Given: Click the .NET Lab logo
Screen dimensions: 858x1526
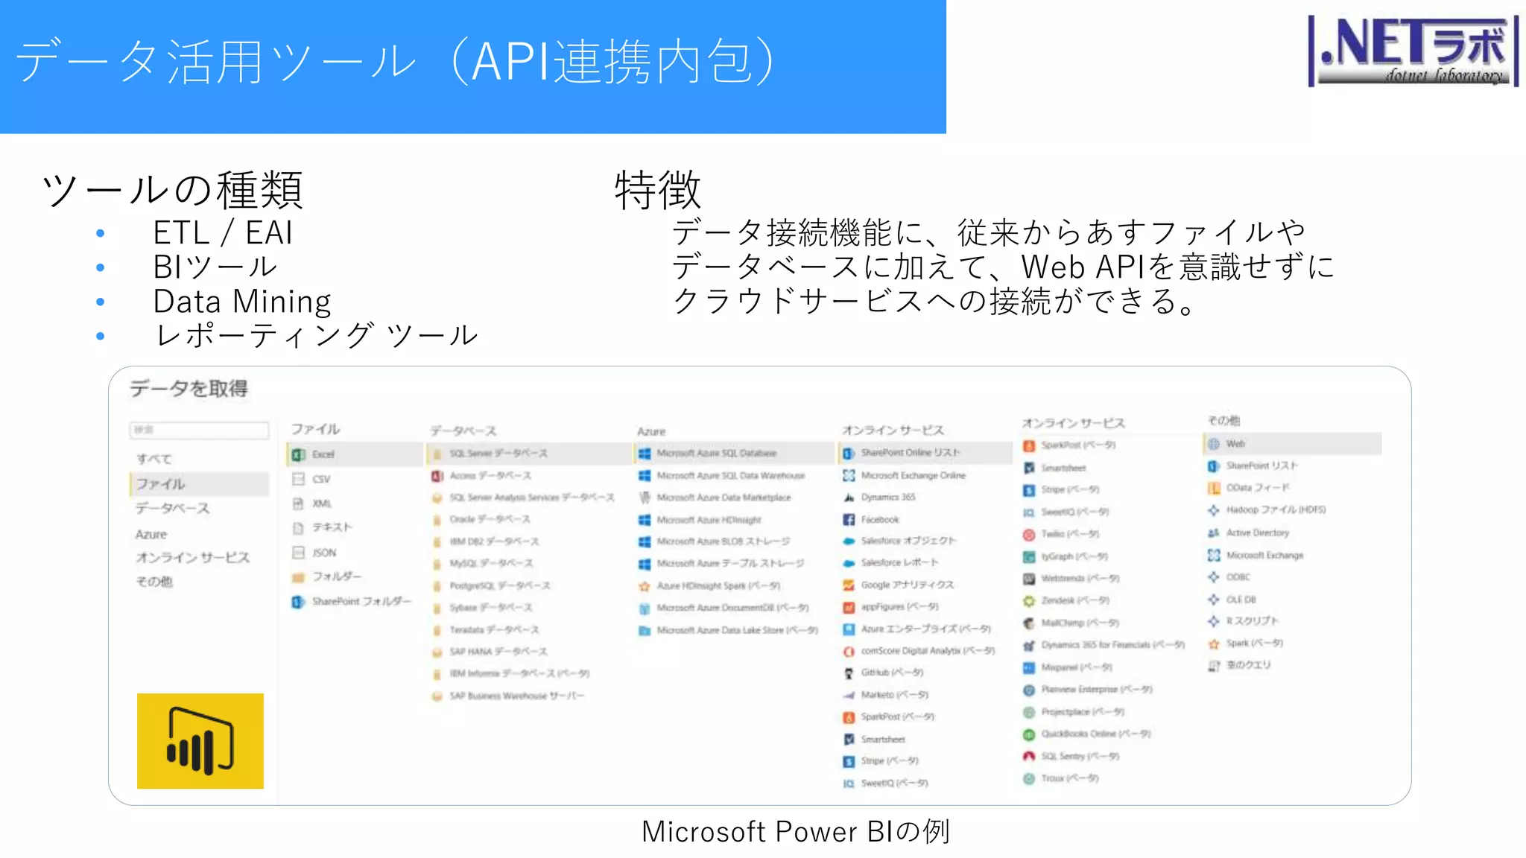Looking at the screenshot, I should pos(1413,51).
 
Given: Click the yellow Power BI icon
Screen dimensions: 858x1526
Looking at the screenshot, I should pos(200,740).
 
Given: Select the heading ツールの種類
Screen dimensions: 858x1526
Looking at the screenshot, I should pos(172,190).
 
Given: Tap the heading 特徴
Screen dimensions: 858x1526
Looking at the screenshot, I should pos(657,190).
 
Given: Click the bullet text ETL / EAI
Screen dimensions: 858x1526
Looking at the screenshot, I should pos(222,232).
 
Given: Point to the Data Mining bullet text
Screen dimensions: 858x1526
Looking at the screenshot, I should pos(241,302).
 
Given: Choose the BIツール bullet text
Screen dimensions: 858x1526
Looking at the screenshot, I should pos(215,267).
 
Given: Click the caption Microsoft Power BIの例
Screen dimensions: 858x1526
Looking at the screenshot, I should pos(795,831).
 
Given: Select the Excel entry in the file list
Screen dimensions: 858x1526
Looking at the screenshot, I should pos(323,454).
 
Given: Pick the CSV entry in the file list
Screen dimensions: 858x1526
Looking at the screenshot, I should pos(321,479).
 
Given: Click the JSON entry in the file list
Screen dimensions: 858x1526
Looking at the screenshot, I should pos(323,553).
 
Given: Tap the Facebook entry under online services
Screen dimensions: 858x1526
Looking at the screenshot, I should pos(879,519).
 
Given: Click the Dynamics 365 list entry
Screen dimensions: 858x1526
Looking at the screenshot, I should pos(887,497).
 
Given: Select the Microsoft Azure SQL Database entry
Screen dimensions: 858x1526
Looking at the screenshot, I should pos(716,453).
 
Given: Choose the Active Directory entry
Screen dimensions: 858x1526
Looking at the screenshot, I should pos(1257,533).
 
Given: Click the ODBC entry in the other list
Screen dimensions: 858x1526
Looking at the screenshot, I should pos(1238,576).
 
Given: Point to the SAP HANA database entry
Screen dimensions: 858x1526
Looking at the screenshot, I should pos(498,652).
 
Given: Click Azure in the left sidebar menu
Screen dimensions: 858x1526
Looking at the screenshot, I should pos(151,534).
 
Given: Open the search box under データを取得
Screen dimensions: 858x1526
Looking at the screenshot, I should pos(199,430).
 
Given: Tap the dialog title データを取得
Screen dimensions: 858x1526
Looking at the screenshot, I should pos(189,388).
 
